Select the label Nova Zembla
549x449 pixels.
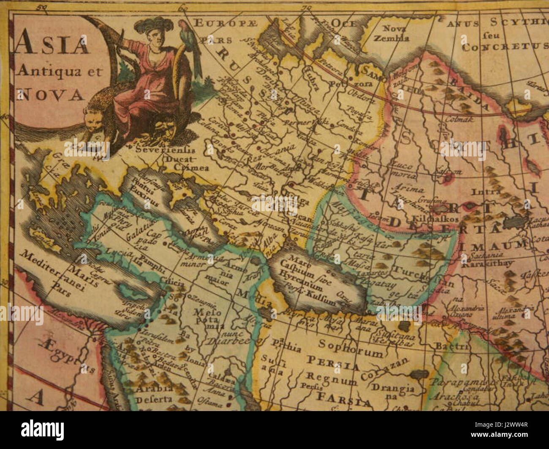(396, 33)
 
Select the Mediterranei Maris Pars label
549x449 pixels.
(59, 274)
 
